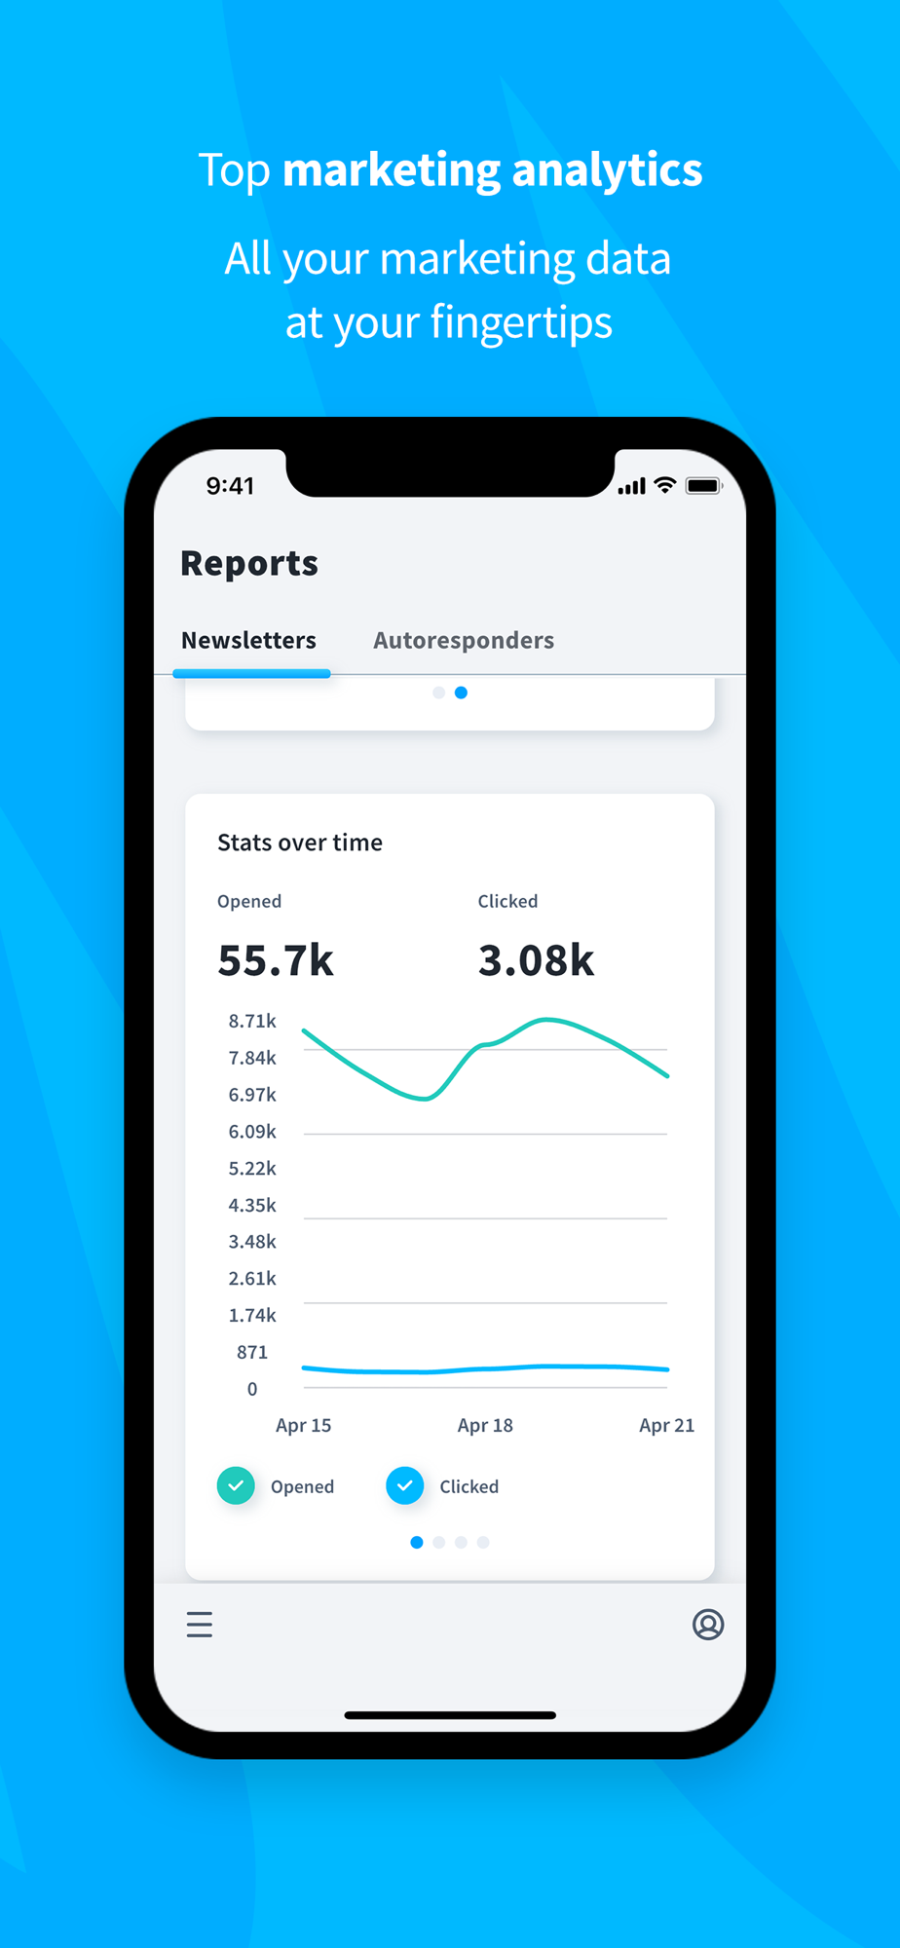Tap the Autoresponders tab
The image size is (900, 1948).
[464, 640]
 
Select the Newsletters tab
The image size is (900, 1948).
[248, 640]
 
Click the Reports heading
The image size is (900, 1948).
[249, 563]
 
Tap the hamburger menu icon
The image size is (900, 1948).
[200, 1624]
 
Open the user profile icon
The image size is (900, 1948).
[708, 1624]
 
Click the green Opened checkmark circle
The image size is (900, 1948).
[236, 1485]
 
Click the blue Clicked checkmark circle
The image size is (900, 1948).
[404, 1485]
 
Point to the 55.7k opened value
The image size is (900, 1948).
[276, 960]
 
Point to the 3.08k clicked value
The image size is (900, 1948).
[536, 960]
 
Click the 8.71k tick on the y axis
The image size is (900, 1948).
[252, 1021]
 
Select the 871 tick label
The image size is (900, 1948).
[252, 1352]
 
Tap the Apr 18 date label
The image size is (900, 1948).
[485, 1425]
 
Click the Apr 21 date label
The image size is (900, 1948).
[666, 1425]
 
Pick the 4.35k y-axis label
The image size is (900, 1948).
[252, 1205]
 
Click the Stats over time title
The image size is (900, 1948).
[300, 843]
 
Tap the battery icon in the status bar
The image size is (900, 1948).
[702, 485]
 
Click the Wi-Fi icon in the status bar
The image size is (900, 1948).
[665, 485]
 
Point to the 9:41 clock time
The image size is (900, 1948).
[230, 486]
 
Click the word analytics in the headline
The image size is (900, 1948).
[607, 169]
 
